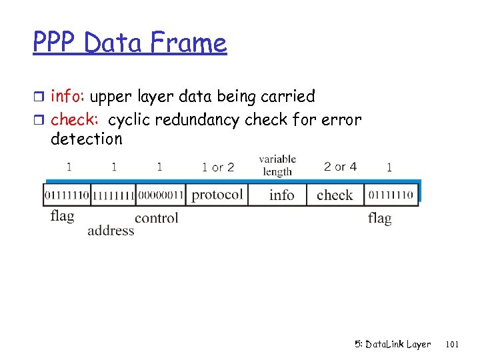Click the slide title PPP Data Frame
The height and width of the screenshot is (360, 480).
pyautogui.click(x=130, y=43)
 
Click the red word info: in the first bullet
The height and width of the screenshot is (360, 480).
pyautogui.click(x=68, y=97)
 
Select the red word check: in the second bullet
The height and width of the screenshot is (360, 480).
pyautogui.click(x=75, y=120)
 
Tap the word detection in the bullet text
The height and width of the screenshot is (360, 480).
pyautogui.click(x=87, y=139)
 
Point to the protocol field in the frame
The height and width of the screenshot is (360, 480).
pyautogui.click(x=217, y=195)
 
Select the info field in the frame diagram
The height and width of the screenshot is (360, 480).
pyautogui.click(x=281, y=195)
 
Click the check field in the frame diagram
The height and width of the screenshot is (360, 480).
pyautogui.click(x=335, y=195)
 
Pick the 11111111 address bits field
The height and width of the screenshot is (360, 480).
pyautogui.click(x=113, y=195)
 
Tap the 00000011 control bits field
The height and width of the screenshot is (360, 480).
pyautogui.click(x=160, y=195)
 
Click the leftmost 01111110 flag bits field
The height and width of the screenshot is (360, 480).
pyautogui.click(x=67, y=195)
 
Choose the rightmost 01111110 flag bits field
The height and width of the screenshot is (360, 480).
pyautogui.click(x=391, y=195)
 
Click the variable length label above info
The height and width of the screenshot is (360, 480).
pyautogui.click(x=277, y=165)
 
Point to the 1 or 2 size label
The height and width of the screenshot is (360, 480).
pyautogui.click(x=218, y=167)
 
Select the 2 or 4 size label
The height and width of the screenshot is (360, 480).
pyautogui.click(x=340, y=166)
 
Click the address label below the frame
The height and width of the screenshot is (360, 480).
pyautogui.click(x=111, y=231)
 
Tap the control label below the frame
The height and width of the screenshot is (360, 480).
pyautogui.click(x=157, y=218)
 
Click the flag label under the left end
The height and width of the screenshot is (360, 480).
pyautogui.click(x=62, y=217)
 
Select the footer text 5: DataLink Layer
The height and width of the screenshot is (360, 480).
pyautogui.click(x=392, y=345)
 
